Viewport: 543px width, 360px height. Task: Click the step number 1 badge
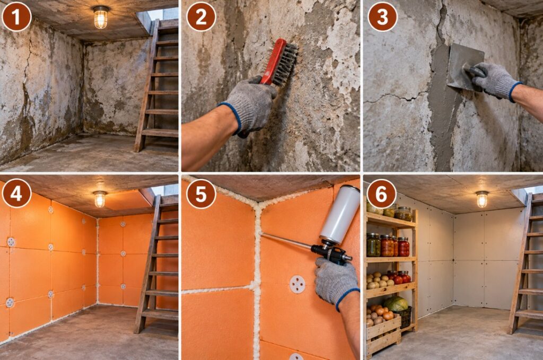(16, 16)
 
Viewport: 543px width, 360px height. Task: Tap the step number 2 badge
(201, 16)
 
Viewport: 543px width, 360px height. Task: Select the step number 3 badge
(382, 16)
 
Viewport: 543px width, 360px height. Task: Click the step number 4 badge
(16, 193)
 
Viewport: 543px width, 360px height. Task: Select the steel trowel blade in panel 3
(465, 66)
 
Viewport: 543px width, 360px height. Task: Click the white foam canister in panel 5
(340, 215)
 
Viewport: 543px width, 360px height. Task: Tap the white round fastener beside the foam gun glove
(297, 284)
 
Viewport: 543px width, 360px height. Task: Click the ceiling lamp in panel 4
(100, 199)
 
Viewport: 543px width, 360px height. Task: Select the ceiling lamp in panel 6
(481, 199)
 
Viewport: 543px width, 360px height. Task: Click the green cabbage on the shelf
(396, 304)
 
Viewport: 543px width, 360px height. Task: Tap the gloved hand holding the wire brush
(249, 106)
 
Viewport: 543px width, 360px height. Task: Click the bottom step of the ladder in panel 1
(160, 133)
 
